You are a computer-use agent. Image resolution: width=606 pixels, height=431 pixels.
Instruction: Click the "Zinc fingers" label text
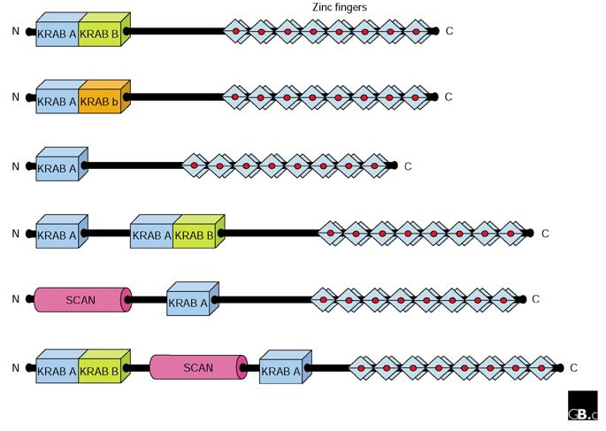(340, 7)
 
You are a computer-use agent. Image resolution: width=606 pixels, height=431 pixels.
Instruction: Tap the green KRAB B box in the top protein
(102, 35)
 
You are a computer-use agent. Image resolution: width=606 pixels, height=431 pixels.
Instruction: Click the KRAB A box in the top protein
(57, 35)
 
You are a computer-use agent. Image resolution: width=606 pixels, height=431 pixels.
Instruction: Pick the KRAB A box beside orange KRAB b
(57, 101)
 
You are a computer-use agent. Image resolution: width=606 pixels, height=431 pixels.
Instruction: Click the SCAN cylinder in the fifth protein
(81, 300)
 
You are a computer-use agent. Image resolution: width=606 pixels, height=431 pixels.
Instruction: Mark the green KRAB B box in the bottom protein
(102, 370)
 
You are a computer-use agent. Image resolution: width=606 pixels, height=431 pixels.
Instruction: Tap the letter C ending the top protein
(449, 32)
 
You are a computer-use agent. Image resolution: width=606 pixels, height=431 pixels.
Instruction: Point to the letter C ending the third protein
(408, 165)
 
